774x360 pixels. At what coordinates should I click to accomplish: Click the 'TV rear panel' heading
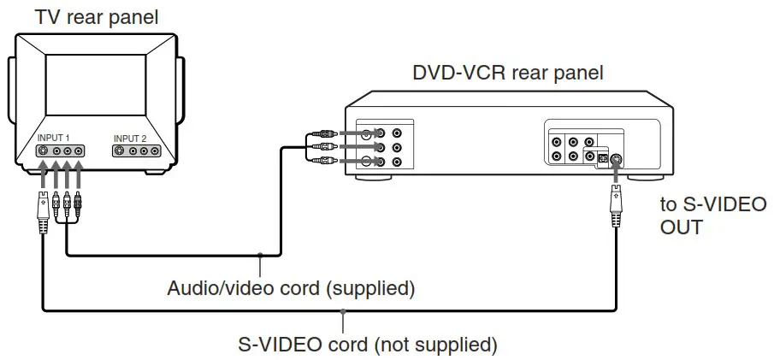coord(96,16)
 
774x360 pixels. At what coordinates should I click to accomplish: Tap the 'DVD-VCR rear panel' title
coord(508,73)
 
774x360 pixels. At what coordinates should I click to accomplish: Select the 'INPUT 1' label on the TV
coord(53,138)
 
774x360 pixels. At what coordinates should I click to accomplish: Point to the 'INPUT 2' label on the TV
coord(130,138)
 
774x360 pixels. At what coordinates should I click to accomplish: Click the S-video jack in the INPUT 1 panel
coord(44,151)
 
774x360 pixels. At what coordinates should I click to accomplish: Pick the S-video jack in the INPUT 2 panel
coord(121,151)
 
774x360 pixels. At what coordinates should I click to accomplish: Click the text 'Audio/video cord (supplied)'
coord(291,288)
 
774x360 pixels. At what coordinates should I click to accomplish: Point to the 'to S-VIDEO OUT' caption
coord(712,216)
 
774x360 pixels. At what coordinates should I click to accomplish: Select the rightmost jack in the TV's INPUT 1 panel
coord(78,151)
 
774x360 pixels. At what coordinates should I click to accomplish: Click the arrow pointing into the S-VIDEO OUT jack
coord(614,176)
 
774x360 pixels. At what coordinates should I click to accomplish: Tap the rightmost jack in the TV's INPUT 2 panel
coord(155,151)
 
